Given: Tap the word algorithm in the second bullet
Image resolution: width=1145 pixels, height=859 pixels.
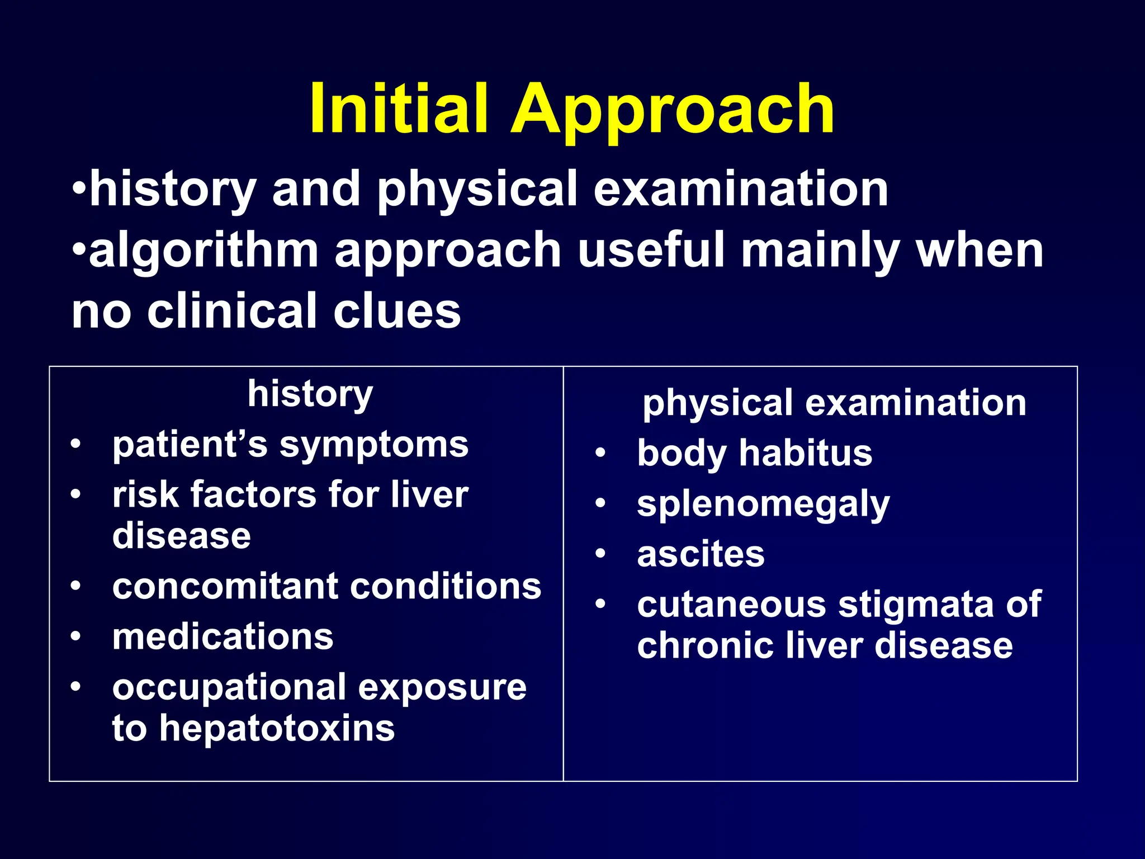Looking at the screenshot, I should [x=204, y=251].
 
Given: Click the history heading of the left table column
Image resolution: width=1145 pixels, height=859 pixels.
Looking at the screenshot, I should [x=310, y=395].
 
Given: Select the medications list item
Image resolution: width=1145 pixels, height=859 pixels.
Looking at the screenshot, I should [x=223, y=637].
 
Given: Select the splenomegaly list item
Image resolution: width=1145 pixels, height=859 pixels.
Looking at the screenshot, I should [x=763, y=505].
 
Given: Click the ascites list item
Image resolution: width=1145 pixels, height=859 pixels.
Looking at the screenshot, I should [x=701, y=555].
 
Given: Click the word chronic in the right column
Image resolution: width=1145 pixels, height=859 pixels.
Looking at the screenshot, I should [x=704, y=646].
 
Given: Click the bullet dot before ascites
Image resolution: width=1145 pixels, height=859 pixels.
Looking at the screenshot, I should [x=600, y=554].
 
